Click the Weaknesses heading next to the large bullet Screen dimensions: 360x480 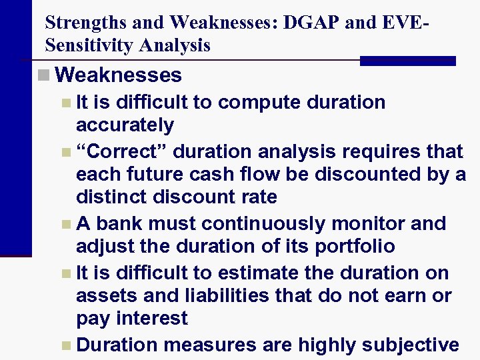click(x=119, y=75)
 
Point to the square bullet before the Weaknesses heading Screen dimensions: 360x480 click(x=43, y=75)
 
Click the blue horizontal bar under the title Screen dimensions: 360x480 click(x=407, y=61)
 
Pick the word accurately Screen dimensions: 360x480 click(x=125, y=125)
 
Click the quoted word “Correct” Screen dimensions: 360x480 click(x=125, y=151)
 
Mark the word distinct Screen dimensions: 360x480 click(x=113, y=197)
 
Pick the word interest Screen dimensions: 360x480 click(x=151, y=318)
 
